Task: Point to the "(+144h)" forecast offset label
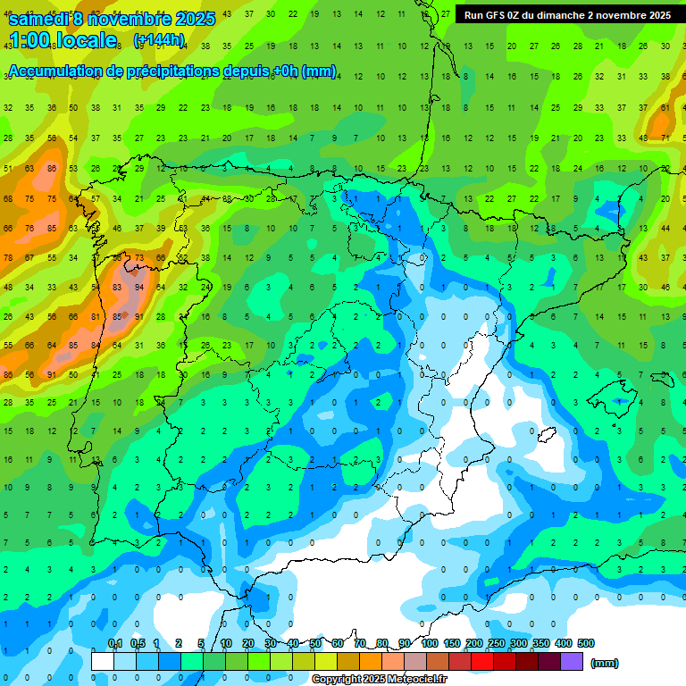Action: (158, 40)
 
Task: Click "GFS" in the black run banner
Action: (495, 15)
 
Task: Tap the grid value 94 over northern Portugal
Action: (138, 288)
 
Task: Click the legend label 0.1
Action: (114, 643)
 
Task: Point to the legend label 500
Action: (586, 643)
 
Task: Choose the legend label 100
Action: (429, 643)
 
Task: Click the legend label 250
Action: (497, 643)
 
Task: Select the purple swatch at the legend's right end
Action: (572, 662)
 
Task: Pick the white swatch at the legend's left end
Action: (103, 662)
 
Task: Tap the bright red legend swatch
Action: (482, 662)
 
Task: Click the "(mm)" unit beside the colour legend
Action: (605, 663)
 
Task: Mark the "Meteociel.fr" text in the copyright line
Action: (414, 680)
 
